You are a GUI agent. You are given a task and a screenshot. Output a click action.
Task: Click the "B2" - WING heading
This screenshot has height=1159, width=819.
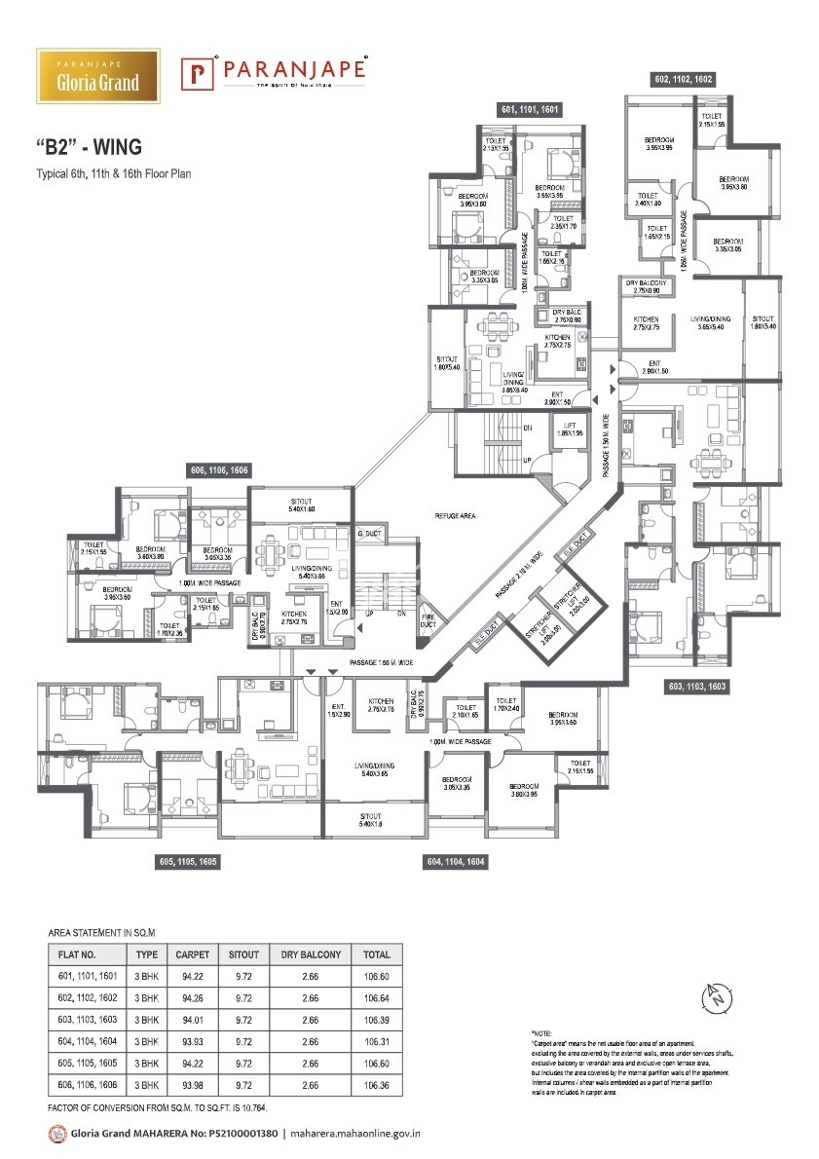pos(89,147)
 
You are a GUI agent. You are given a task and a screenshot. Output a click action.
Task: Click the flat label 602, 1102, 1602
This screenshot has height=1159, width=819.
pos(687,78)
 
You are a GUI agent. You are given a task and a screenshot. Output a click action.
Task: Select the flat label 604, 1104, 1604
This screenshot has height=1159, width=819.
pos(456,862)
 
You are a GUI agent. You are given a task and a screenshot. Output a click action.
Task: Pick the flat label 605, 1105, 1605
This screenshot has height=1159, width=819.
pos(188,862)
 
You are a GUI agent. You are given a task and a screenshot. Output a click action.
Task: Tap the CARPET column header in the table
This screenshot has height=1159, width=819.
pos(191,954)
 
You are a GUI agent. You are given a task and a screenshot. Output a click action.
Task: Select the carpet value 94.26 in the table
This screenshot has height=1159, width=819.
pos(191,998)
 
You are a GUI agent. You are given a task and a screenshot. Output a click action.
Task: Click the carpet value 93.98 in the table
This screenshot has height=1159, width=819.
pos(191,1084)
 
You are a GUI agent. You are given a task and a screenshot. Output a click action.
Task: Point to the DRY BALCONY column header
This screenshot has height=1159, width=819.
pos(310,954)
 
